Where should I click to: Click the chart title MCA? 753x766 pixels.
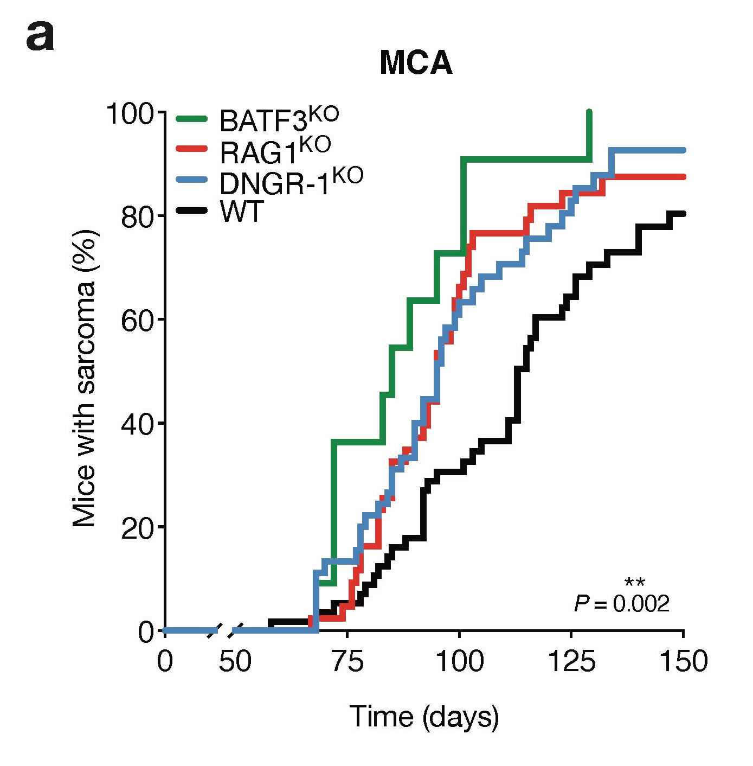[x=416, y=63]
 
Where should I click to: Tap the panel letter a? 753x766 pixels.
[x=40, y=37]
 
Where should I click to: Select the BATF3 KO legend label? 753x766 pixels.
[x=279, y=119]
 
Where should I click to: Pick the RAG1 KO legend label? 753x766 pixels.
[x=275, y=150]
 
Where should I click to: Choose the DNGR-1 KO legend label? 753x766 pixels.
[x=291, y=182]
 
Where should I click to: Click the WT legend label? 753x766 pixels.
[x=242, y=212]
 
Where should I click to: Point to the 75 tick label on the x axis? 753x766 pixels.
[x=347, y=662]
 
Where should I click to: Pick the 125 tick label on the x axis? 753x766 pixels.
[x=571, y=662]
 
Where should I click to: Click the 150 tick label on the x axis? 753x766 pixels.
[x=683, y=662]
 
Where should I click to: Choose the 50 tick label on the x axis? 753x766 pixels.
[x=235, y=662]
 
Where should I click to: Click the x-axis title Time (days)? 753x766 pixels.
[x=424, y=717]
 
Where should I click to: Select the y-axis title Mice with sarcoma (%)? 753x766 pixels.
[x=85, y=378]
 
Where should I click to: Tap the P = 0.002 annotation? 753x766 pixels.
[x=622, y=603]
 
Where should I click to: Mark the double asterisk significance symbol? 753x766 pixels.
[x=634, y=583]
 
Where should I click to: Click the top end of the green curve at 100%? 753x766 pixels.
[x=589, y=112]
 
